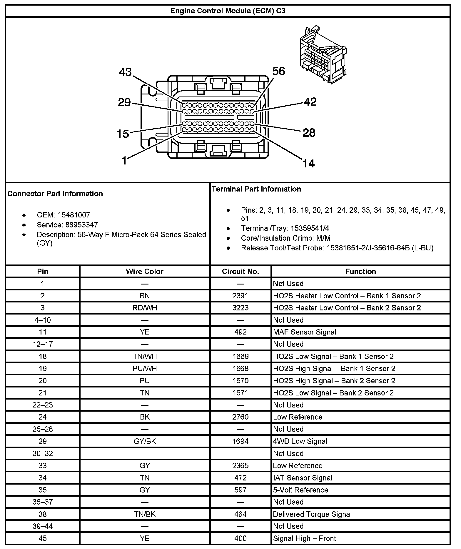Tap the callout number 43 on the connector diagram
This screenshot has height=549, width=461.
[x=126, y=72]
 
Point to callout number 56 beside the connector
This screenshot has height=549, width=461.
[x=278, y=71]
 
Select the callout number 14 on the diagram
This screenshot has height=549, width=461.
[x=308, y=163]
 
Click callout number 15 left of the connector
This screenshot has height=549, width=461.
[x=123, y=134]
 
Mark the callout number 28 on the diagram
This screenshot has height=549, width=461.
[x=309, y=133]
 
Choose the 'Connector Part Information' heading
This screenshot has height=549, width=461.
[x=55, y=194]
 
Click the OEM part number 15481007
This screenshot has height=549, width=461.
[x=74, y=215]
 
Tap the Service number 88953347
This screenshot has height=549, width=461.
[x=82, y=225]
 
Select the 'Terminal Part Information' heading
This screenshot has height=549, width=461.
[x=256, y=189]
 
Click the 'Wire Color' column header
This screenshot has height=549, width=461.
[x=144, y=271]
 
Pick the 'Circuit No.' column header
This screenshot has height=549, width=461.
[x=240, y=271]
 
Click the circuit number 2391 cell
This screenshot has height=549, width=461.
[x=240, y=296]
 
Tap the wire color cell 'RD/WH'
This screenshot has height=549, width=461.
[x=144, y=308]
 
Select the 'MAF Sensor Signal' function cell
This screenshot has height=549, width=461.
[x=305, y=332]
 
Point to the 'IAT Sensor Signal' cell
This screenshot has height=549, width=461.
[x=303, y=478]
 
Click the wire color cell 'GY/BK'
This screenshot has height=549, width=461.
[x=144, y=441]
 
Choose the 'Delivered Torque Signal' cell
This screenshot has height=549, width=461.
[x=312, y=514]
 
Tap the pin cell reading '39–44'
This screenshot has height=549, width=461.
[x=43, y=526]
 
